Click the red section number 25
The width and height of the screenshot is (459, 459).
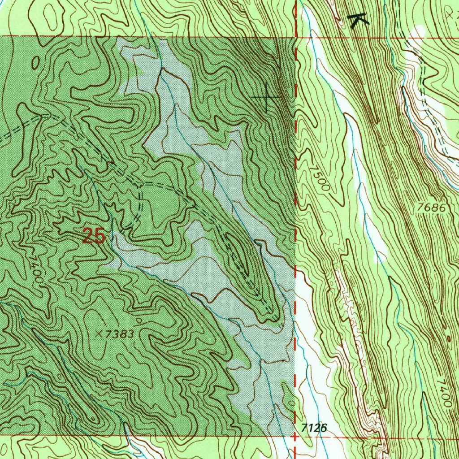click(94, 236)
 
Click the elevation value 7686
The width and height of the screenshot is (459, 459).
click(431, 208)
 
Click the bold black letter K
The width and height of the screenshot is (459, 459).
click(359, 21)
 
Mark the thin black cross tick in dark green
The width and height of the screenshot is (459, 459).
click(267, 97)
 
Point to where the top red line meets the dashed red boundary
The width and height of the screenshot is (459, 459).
click(295, 37)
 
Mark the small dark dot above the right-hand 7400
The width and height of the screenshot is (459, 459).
click(448, 339)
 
